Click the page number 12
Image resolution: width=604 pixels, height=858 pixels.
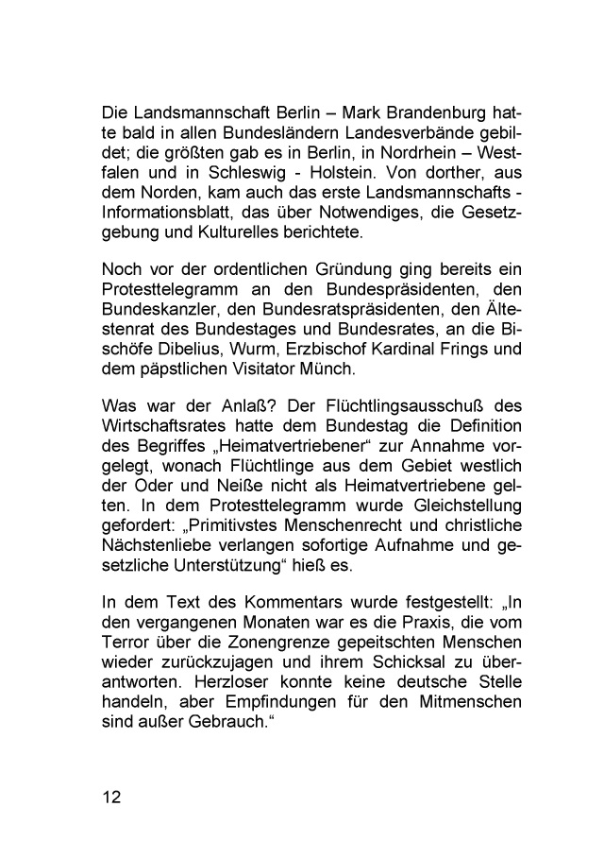pos(113,796)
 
